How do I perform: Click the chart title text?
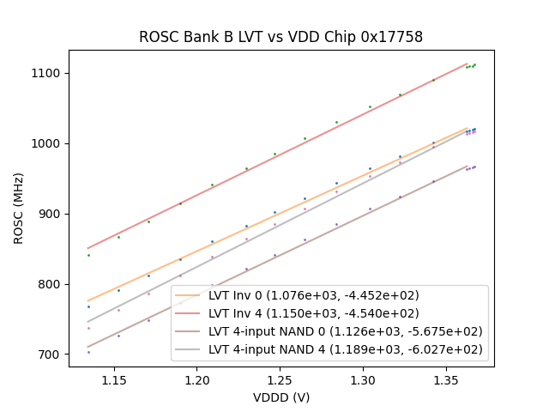coord(281,38)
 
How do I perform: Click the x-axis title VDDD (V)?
coord(281,397)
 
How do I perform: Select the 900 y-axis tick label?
coord(53,214)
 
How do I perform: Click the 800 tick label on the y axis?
coord(53,284)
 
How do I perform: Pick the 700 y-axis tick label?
coord(53,354)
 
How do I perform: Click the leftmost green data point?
coord(88,255)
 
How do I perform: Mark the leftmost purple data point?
coord(88,352)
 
